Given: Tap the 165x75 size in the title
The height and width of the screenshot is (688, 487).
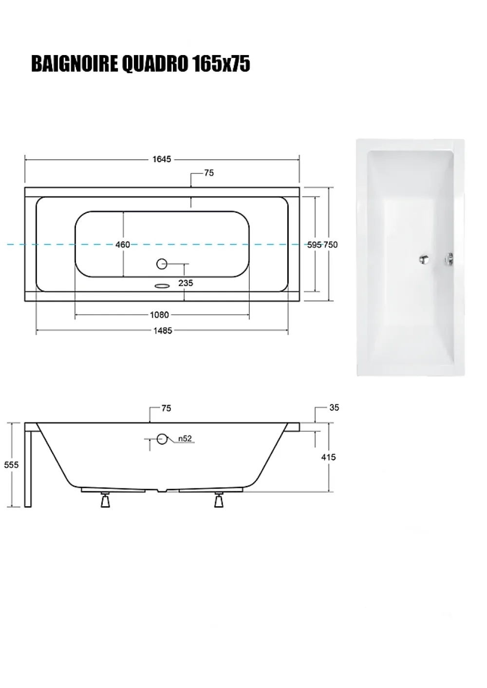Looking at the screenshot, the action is coord(221,64).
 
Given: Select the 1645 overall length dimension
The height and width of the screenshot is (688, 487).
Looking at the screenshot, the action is coord(162,159).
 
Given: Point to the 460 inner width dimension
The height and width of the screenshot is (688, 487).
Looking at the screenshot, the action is coord(123,245).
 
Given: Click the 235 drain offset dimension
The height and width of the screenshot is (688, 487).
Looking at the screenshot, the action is coord(186,283).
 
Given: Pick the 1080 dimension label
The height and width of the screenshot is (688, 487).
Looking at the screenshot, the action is coord(159,315).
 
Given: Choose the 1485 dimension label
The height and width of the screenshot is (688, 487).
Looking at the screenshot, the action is coord(163,331).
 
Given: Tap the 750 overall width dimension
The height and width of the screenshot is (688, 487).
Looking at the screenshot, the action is coord(330,245).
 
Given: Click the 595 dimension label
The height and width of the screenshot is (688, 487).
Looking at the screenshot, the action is coord(315,245).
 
